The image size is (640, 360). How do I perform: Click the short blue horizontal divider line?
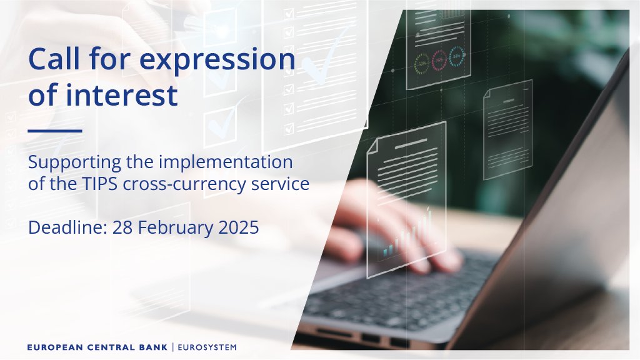[x=55, y=131]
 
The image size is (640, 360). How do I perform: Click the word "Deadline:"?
[x=67, y=227]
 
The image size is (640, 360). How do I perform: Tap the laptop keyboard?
[x=400, y=294]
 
